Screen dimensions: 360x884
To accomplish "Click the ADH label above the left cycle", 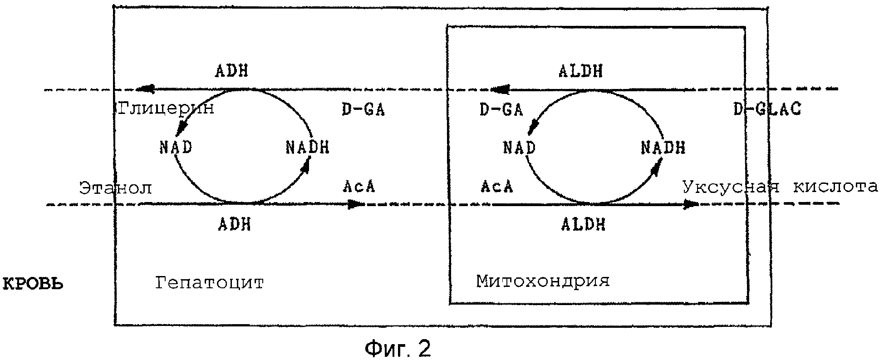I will click(232, 71).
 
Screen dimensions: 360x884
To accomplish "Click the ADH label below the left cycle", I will click(234, 224).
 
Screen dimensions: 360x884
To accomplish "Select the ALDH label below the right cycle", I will click(583, 224).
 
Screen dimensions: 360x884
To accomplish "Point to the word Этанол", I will click(116, 187).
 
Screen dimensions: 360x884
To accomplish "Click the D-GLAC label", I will click(767, 109).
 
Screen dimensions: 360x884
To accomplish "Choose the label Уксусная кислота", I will click(780, 187).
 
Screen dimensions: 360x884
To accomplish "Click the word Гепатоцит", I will click(209, 283).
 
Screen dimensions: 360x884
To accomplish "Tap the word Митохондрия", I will click(543, 281).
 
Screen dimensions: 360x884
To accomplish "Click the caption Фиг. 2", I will click(398, 348).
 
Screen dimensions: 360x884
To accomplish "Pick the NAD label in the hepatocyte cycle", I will click(176, 148).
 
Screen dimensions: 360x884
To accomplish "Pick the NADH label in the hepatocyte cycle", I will click(307, 148).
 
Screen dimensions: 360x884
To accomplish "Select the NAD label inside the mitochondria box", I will click(520, 148).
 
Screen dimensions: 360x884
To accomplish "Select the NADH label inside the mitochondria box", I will click(663, 148).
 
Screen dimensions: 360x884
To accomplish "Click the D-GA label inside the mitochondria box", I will click(501, 109).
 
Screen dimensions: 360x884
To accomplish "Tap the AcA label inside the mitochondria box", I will click(496, 187).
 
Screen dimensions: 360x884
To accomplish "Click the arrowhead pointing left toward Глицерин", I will click(146, 89).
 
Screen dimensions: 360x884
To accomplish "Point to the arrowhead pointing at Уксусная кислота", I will click(691, 204).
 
